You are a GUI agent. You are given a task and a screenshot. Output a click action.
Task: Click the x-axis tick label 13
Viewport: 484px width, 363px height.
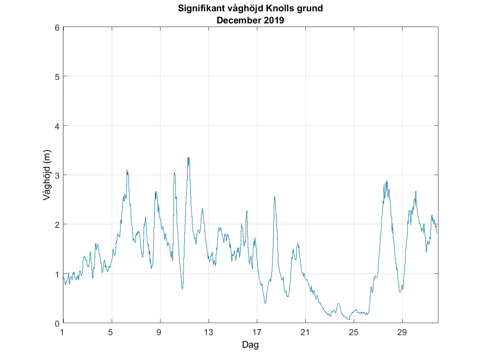click(208, 333)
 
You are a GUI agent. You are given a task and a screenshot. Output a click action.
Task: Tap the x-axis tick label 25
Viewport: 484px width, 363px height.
click(353, 333)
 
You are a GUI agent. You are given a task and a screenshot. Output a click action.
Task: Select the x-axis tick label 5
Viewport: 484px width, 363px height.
click(112, 333)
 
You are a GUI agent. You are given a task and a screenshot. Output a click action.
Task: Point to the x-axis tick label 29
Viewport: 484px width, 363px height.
click(402, 333)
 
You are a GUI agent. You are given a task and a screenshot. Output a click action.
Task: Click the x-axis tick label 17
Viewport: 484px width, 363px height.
click(257, 333)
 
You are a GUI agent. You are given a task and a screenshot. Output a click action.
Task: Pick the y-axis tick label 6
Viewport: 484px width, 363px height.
click(57, 27)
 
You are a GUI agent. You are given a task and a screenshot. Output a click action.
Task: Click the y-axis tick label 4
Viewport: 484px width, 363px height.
click(57, 126)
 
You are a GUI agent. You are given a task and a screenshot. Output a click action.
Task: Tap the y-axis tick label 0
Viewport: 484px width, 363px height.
click(57, 323)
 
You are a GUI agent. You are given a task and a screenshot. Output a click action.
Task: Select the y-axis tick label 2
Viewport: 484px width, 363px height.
click(57, 224)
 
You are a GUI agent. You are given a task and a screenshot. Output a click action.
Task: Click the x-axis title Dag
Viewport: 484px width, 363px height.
click(250, 345)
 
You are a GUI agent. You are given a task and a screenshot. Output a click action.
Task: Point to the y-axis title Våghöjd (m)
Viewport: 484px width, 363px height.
click(47, 175)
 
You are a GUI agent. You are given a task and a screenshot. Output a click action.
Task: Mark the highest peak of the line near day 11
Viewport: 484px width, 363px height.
click(188, 158)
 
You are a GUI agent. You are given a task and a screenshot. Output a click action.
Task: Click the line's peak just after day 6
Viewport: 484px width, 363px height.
click(127, 170)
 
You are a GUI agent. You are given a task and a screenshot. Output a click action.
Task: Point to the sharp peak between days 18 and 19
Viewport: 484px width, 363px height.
click(275, 197)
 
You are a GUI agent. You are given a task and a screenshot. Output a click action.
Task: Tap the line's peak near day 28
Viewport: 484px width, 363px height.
click(386, 181)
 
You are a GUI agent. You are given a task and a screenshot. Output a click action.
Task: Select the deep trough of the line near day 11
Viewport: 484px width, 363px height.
click(182, 288)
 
